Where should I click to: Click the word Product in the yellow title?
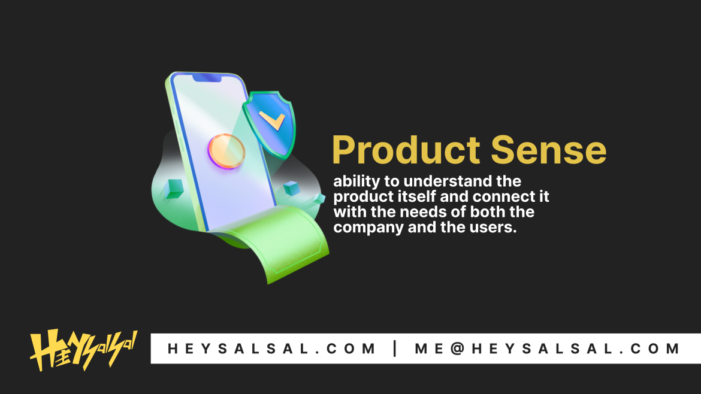(406, 150)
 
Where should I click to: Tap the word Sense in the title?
(549, 150)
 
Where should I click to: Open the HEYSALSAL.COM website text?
(271, 348)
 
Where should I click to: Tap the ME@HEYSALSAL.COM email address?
(547, 348)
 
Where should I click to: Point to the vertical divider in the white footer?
(395, 348)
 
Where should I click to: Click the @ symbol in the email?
(457, 348)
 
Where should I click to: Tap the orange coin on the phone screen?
(226, 151)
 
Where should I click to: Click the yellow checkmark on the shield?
(272, 120)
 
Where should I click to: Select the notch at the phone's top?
(207, 78)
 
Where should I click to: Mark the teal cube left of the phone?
(174, 188)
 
